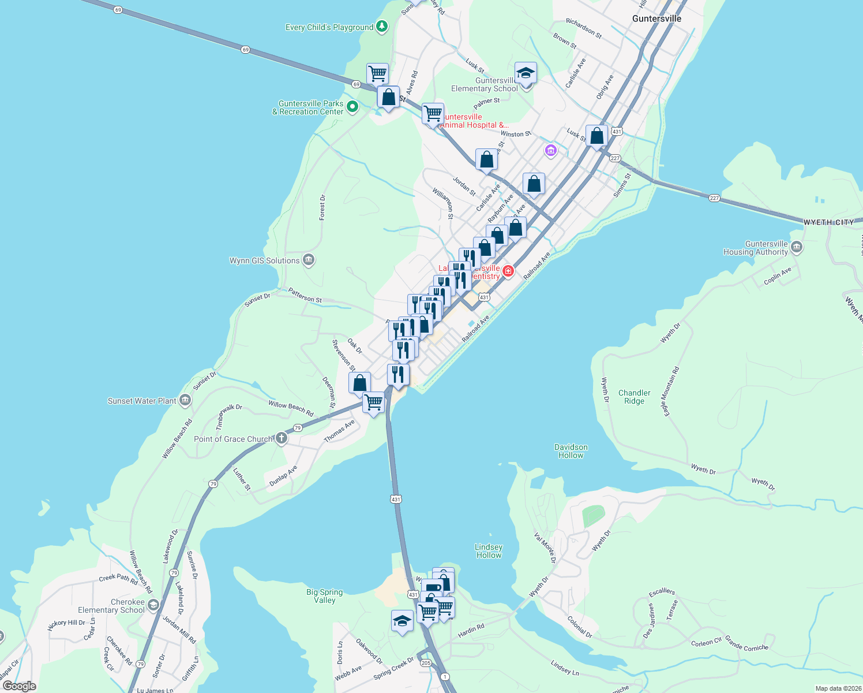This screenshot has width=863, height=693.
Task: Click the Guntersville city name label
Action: pos(656,18)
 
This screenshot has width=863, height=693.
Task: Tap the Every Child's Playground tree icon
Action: pos(381,27)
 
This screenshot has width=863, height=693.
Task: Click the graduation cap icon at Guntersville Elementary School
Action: pos(526,73)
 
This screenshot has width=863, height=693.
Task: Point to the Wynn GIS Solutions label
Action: pos(264,260)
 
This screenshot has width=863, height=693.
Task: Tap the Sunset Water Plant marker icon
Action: pos(185,400)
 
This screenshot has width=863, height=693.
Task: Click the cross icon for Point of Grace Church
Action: pos(281,438)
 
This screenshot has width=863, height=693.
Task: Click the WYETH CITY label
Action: pos(828,222)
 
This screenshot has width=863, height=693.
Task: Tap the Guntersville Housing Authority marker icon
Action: pos(797,247)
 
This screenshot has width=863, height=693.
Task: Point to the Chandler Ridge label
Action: pos(634,397)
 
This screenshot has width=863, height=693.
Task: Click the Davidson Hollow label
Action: pos(571,451)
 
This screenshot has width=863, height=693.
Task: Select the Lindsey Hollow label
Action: pos(489,551)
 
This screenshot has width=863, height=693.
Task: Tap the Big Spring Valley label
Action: pos(324,596)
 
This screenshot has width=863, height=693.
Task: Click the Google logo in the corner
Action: pos(20,686)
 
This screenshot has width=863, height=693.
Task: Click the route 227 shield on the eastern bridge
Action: pos(714,198)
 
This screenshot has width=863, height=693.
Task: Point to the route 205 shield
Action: pos(426,662)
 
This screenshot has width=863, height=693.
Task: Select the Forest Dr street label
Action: pos(322,207)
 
